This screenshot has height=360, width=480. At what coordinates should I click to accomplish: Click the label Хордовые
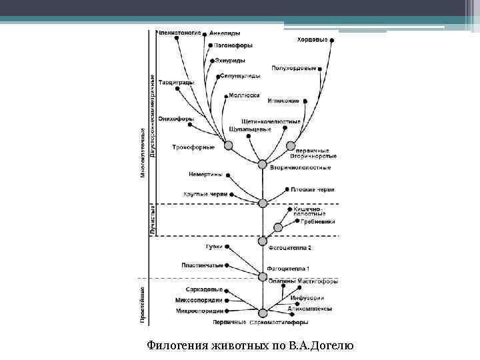click(x=312, y=40)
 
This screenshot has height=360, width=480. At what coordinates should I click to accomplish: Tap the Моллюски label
click(x=243, y=95)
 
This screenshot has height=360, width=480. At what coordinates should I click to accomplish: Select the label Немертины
click(x=206, y=175)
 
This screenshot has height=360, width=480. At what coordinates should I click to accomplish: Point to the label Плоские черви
click(x=312, y=189)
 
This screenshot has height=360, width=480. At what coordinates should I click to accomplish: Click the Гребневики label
click(x=317, y=221)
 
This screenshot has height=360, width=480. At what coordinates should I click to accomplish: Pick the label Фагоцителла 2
click(x=289, y=247)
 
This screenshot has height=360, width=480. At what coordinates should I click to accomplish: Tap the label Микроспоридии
click(x=199, y=311)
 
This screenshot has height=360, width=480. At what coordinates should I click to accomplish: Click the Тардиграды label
click(x=177, y=83)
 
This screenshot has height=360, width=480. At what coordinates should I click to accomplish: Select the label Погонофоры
click(x=233, y=45)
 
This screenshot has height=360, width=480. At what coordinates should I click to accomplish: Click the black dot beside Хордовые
click(x=332, y=40)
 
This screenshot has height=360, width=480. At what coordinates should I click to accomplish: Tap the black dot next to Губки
click(x=227, y=247)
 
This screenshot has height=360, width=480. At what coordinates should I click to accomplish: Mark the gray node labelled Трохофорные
click(x=229, y=146)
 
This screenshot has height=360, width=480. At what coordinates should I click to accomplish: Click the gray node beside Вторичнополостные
click(x=262, y=164)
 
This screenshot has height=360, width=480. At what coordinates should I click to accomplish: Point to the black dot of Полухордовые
click(x=321, y=68)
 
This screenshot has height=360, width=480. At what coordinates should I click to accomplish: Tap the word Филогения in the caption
click(x=176, y=345)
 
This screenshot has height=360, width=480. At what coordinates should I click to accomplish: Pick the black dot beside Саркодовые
click(x=227, y=291)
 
